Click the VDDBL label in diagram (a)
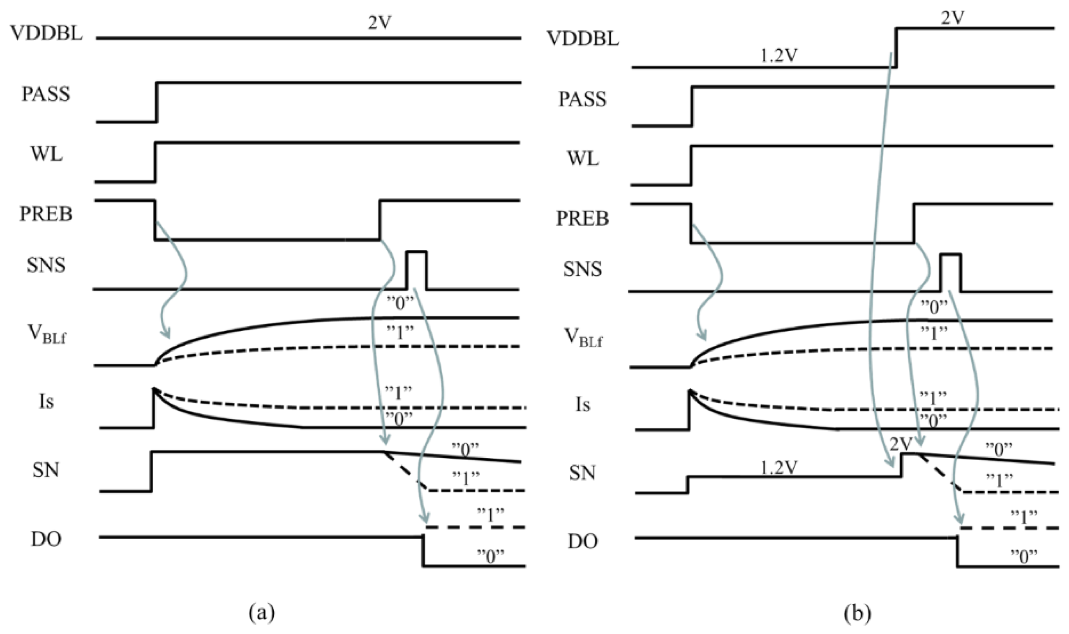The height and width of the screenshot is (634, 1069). [46, 33]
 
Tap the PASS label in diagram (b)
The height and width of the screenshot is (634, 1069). [582, 100]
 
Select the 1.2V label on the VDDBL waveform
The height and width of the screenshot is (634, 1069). [779, 56]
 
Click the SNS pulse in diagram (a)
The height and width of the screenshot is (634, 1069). [417, 269]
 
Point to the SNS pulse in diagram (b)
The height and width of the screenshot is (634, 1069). [951, 272]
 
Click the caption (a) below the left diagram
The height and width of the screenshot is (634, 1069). [262, 612]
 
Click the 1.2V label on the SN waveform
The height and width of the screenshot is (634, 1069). [778, 469]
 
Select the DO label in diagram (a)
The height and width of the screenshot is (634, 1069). [46, 539]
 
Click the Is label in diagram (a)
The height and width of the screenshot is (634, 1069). [46, 402]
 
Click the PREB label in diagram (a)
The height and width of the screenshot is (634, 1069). [46, 214]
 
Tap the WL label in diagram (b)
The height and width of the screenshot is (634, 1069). [583, 158]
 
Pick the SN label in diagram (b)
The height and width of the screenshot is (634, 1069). [583, 473]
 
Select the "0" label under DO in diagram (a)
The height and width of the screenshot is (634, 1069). [490, 556]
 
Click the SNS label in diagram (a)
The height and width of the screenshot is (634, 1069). [46, 265]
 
